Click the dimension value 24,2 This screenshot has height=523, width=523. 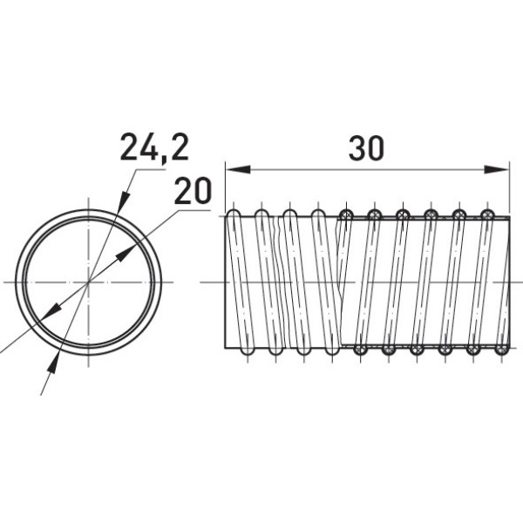154,147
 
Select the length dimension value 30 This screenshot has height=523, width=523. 366,148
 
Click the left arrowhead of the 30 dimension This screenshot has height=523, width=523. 238,169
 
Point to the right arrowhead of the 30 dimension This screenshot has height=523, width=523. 497,169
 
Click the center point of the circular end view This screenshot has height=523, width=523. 88,282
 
